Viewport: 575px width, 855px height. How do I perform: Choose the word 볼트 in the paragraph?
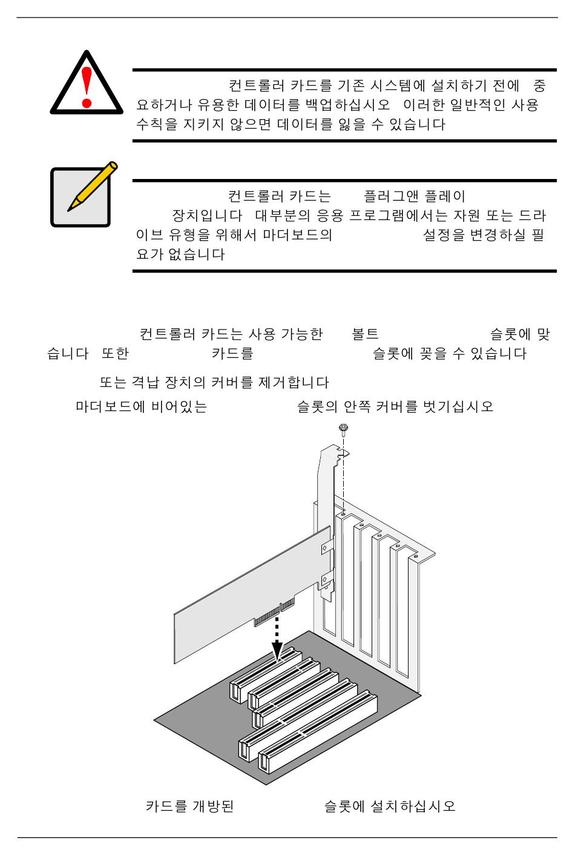[x=365, y=334]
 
